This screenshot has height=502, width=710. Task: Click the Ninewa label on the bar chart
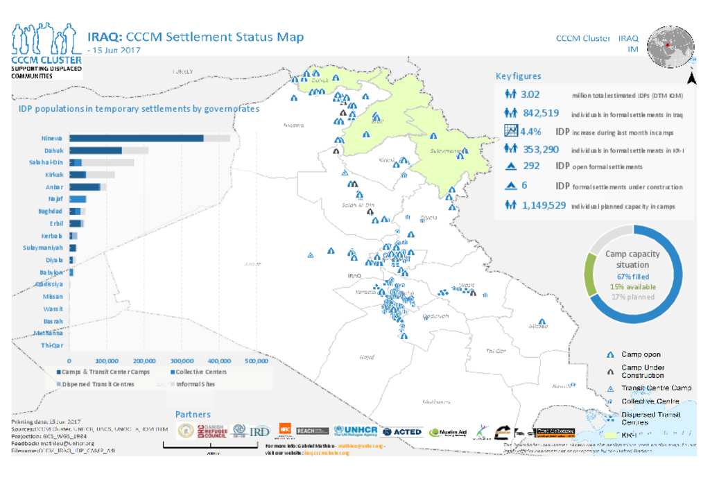coord(53,138)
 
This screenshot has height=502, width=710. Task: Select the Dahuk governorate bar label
coord(53,150)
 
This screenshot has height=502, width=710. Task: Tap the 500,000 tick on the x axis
coord(257,361)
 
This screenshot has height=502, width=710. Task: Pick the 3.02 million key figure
coord(530,94)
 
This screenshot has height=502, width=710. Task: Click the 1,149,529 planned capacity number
coord(544,205)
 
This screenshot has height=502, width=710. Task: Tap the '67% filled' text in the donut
coord(632,276)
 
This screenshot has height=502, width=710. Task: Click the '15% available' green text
coord(632,286)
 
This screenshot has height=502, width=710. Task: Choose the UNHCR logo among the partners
coord(355,431)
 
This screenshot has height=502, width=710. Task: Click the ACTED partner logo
coord(401,431)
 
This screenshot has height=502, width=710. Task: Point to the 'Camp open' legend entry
coord(641,354)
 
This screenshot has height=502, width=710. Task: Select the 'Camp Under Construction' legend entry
coord(641,371)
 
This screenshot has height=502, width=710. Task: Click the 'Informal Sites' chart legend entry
coord(195,383)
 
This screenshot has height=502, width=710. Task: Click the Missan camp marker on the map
coord(542,322)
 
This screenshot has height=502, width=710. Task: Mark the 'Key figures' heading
coord(518,76)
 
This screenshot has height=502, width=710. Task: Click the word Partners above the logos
coord(193,414)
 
